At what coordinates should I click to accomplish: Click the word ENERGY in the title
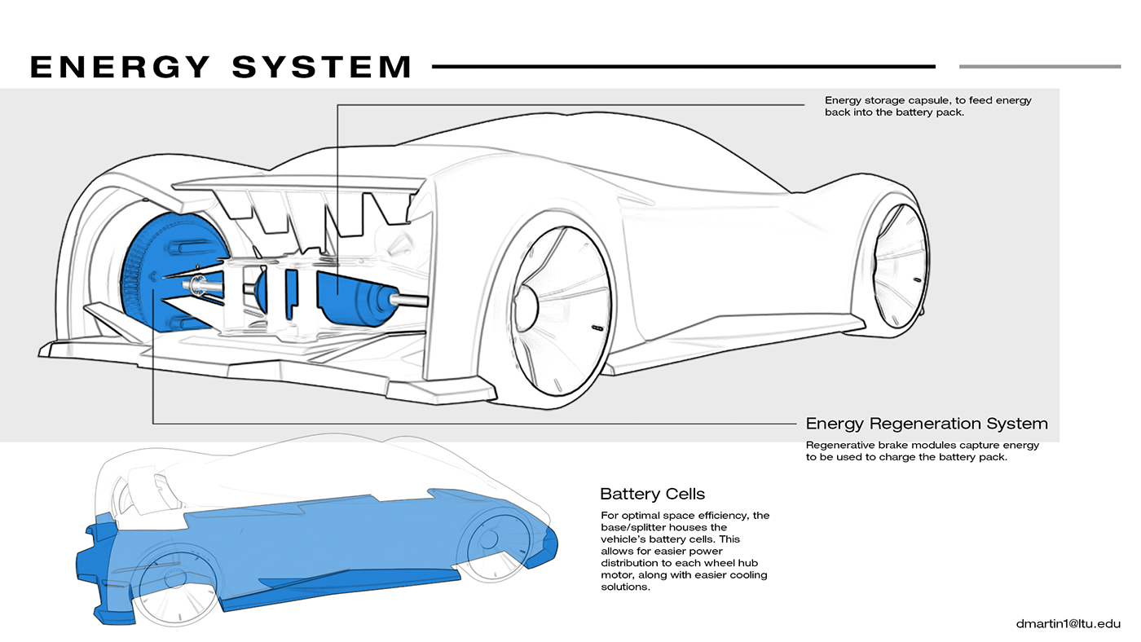pos(119,66)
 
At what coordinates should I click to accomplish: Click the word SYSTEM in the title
pos(322,66)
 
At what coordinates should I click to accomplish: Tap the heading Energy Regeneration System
pos(926,424)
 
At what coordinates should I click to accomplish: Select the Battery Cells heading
pos(652,494)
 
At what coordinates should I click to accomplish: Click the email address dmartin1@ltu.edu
pos(1068,623)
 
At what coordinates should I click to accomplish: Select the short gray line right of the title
pos(1039,66)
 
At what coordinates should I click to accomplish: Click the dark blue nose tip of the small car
pos(548,542)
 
